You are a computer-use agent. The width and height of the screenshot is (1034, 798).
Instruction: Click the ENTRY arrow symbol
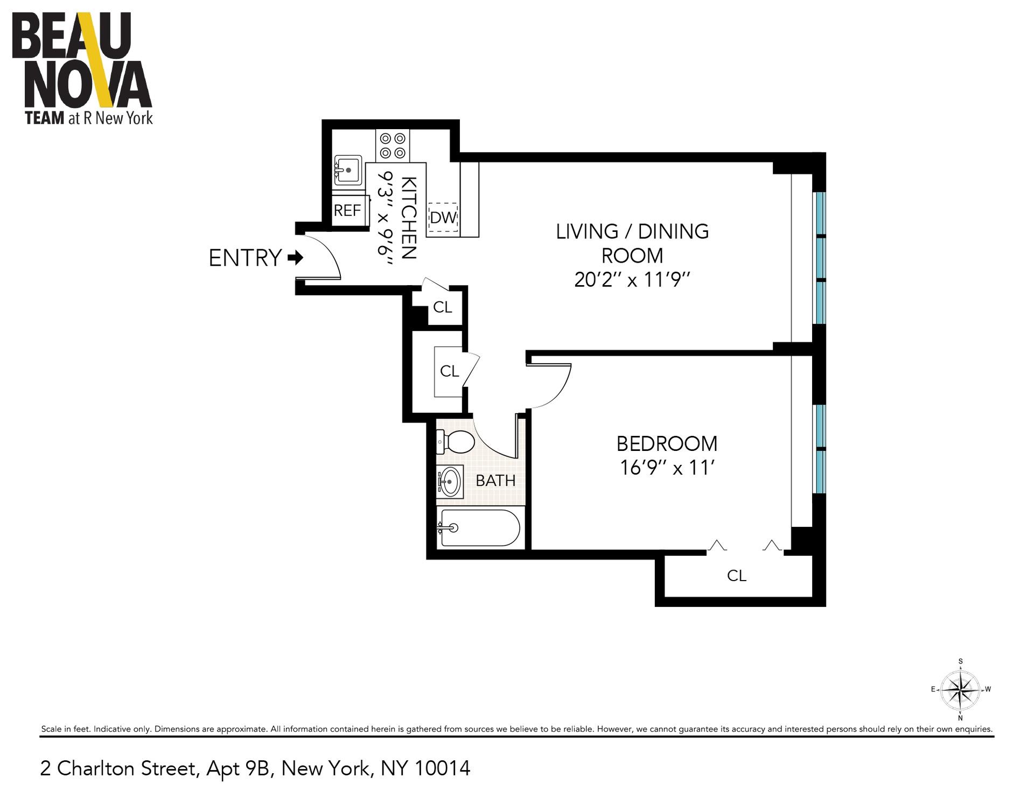[296, 258]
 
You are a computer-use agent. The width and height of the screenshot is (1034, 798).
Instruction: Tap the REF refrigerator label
[347, 210]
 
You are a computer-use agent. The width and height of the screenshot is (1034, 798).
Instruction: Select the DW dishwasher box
[443, 218]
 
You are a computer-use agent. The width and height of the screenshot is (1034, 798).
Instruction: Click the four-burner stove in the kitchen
[392, 146]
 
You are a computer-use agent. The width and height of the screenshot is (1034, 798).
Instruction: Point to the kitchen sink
[348, 170]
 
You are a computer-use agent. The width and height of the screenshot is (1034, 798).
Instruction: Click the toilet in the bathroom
[456, 442]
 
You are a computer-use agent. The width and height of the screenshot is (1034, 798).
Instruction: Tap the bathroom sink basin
[450, 482]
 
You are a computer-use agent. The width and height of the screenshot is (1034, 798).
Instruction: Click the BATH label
[495, 481]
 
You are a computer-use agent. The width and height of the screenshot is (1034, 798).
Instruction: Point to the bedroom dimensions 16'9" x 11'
[667, 468]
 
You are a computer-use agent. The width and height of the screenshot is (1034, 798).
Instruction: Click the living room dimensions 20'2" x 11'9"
[632, 280]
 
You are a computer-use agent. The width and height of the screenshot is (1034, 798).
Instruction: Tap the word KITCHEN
[409, 218]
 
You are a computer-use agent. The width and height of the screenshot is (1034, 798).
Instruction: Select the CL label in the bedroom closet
[736, 576]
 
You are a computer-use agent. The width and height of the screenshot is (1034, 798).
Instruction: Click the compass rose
[960, 690]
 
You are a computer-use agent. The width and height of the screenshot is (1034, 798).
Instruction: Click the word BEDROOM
[667, 444]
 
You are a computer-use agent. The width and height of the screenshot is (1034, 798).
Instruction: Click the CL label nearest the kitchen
[442, 307]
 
